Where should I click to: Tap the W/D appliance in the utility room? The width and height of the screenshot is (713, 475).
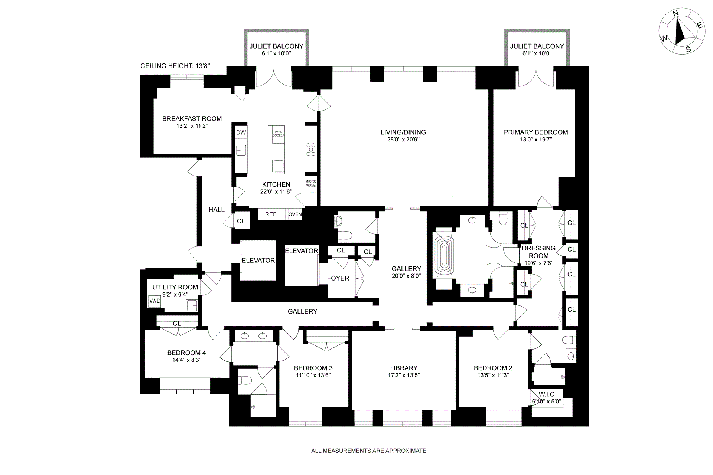155,301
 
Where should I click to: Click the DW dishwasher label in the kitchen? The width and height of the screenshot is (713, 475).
241,132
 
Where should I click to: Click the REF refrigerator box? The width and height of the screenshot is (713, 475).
271,214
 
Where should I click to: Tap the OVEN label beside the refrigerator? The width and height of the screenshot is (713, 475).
295,214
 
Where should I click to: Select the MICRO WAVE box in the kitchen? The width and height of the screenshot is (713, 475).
311,183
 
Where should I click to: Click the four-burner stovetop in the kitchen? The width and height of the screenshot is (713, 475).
311,149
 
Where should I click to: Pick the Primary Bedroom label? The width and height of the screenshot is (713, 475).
535,132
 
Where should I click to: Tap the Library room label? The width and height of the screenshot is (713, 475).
404,368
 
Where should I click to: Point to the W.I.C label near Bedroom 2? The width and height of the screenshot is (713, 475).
546,394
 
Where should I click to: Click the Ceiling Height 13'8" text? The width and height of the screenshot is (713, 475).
175,66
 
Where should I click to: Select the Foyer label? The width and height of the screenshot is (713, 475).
338,278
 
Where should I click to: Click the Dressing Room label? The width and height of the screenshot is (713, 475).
538,252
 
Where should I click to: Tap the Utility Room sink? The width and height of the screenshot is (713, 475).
192,306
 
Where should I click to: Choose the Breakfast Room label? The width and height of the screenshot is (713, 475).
192,119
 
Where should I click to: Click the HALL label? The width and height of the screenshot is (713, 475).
216,210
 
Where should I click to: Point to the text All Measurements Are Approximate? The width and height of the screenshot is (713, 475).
368,451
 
